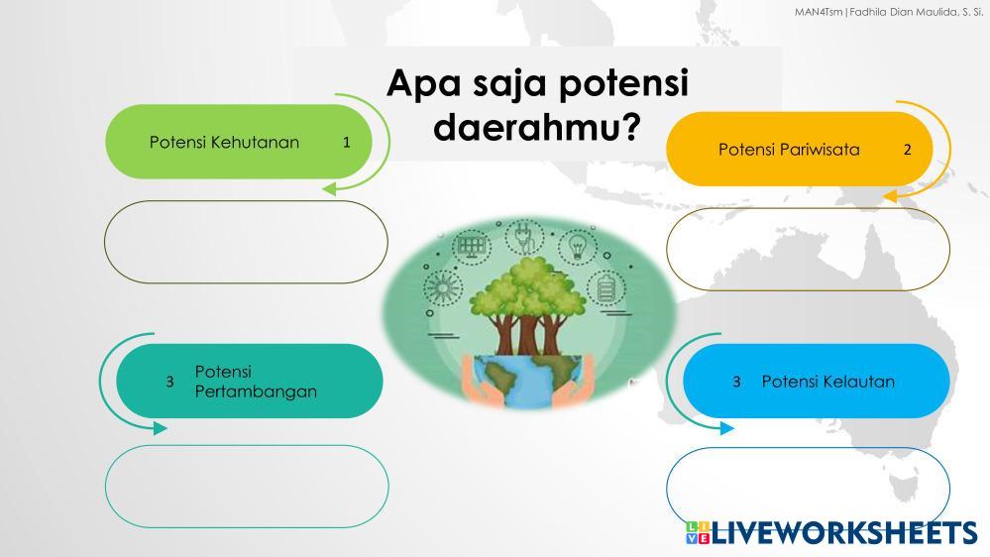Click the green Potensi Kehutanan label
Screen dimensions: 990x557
pos(224,142)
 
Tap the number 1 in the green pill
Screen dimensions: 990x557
pos(347,142)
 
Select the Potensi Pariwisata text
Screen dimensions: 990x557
pos(789,150)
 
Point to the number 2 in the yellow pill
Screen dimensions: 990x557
pos(908,150)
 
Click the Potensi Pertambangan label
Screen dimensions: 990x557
pos(256,382)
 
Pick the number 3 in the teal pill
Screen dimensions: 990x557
pos(169,382)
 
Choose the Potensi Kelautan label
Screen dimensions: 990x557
pos(827,382)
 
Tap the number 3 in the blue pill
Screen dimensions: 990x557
pos(736,382)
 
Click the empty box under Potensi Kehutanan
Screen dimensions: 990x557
pos(246,242)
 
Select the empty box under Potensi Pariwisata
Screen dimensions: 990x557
pos(809,249)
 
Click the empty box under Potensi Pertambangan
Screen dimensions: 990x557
pos(247,487)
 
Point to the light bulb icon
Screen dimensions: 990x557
pos(578,245)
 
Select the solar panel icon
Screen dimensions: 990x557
pos(471,245)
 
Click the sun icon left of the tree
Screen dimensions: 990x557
pos(442,288)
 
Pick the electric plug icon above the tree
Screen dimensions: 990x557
pos(524,238)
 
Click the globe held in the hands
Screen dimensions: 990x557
pos(526,379)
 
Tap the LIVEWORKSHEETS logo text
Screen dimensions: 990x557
pos(844,532)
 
